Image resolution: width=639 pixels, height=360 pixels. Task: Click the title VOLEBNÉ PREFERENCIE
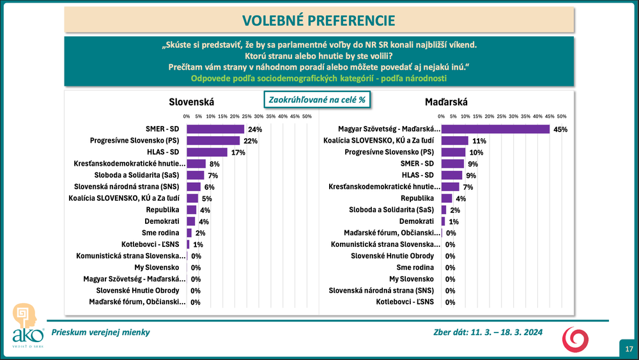click(319, 20)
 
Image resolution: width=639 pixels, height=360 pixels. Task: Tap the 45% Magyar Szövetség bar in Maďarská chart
click(495, 129)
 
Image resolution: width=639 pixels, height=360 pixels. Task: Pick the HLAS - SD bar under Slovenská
click(207, 152)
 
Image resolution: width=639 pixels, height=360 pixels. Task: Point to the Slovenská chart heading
click(191, 102)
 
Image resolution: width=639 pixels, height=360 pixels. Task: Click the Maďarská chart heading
click(446, 102)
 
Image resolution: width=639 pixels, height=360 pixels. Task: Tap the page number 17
click(629, 348)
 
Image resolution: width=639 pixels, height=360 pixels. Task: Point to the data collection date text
click(484, 333)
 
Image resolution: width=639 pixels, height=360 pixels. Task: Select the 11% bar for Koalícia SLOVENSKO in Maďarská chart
click(455, 141)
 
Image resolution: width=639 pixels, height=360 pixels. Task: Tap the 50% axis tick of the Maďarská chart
click(562, 116)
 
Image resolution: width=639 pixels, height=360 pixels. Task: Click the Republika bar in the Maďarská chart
click(447, 198)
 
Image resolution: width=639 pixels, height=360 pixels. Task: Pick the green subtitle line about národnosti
click(319, 78)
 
